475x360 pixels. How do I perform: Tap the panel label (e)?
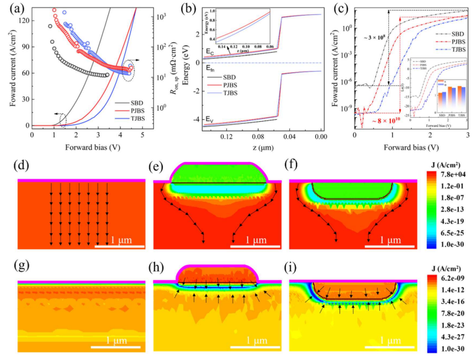click(x=159, y=166)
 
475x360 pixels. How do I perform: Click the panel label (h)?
click(x=159, y=269)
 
